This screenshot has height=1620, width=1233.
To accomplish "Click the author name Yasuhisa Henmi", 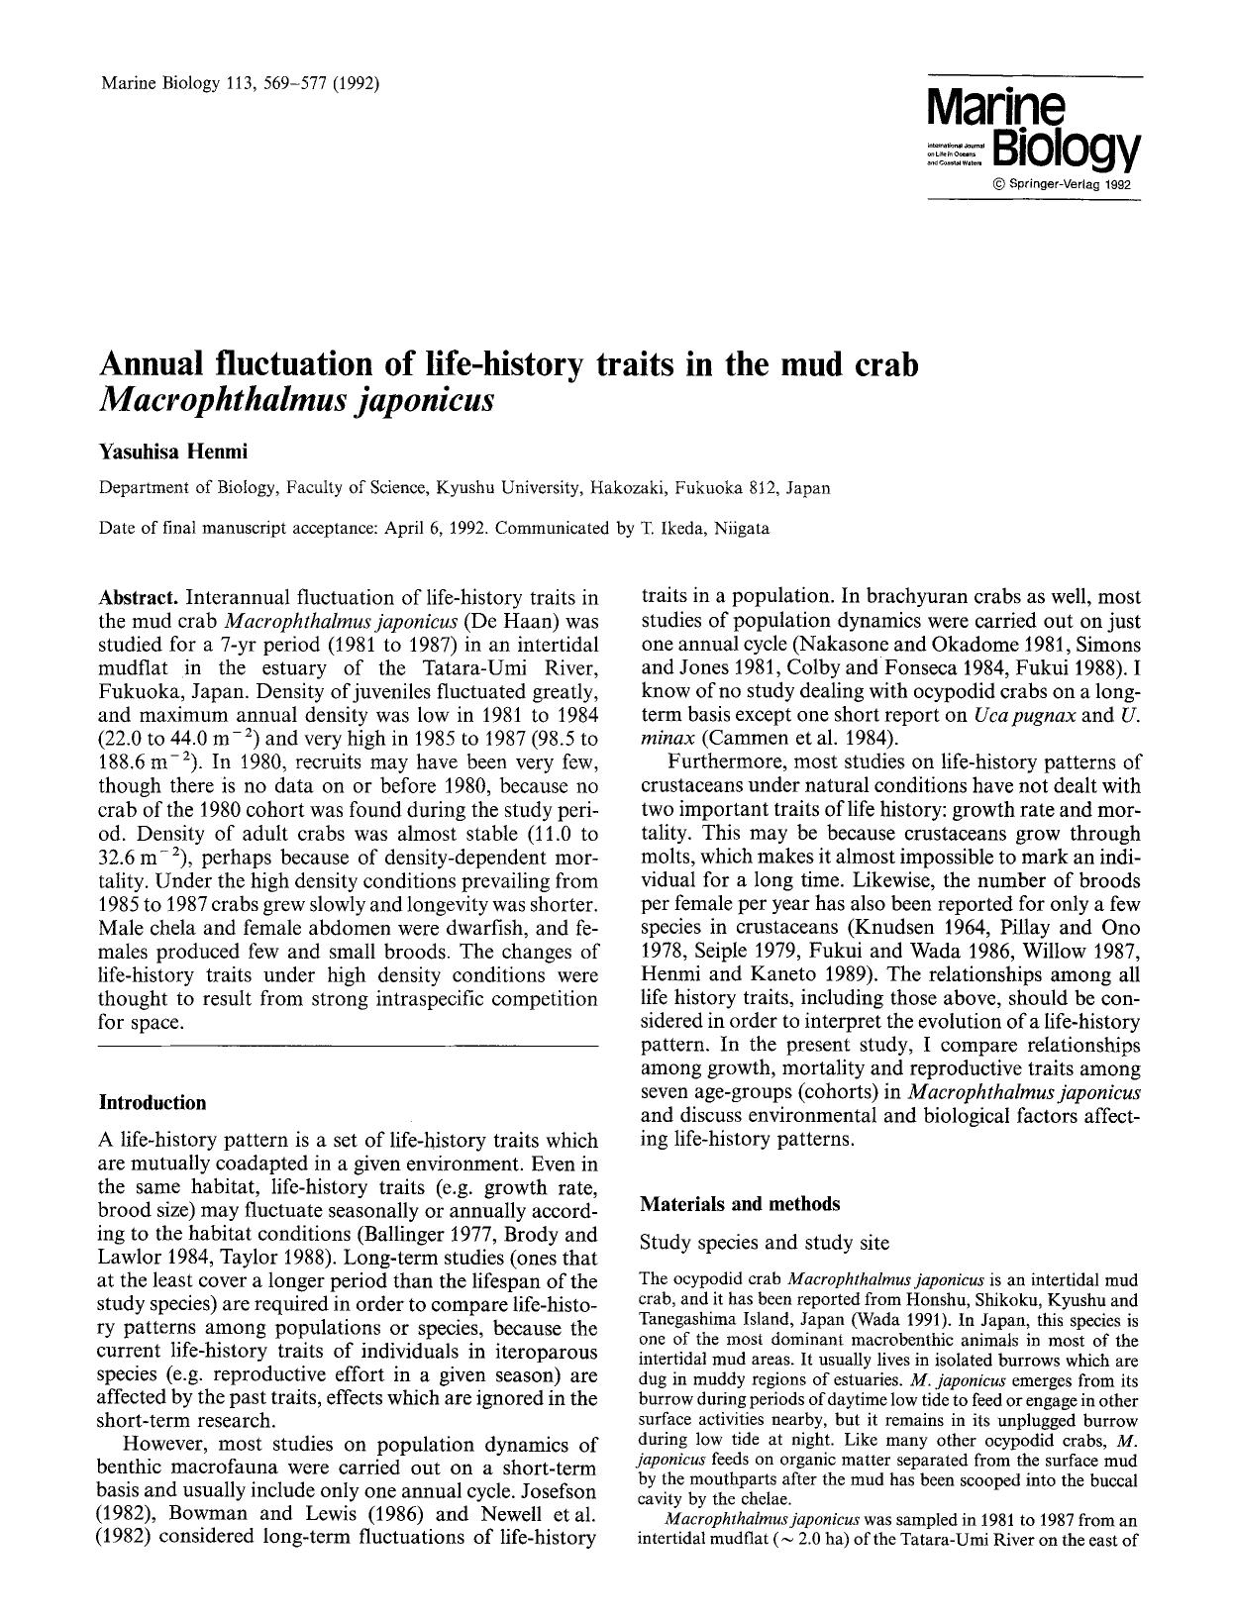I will pyautogui.click(x=172, y=452).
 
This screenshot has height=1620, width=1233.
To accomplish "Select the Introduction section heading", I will pyautogui.click(x=153, y=1102).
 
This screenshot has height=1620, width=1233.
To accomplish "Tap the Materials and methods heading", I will pyautogui.click(x=740, y=1204).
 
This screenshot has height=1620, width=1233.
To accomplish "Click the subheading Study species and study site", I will pyautogui.click(x=765, y=1242).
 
